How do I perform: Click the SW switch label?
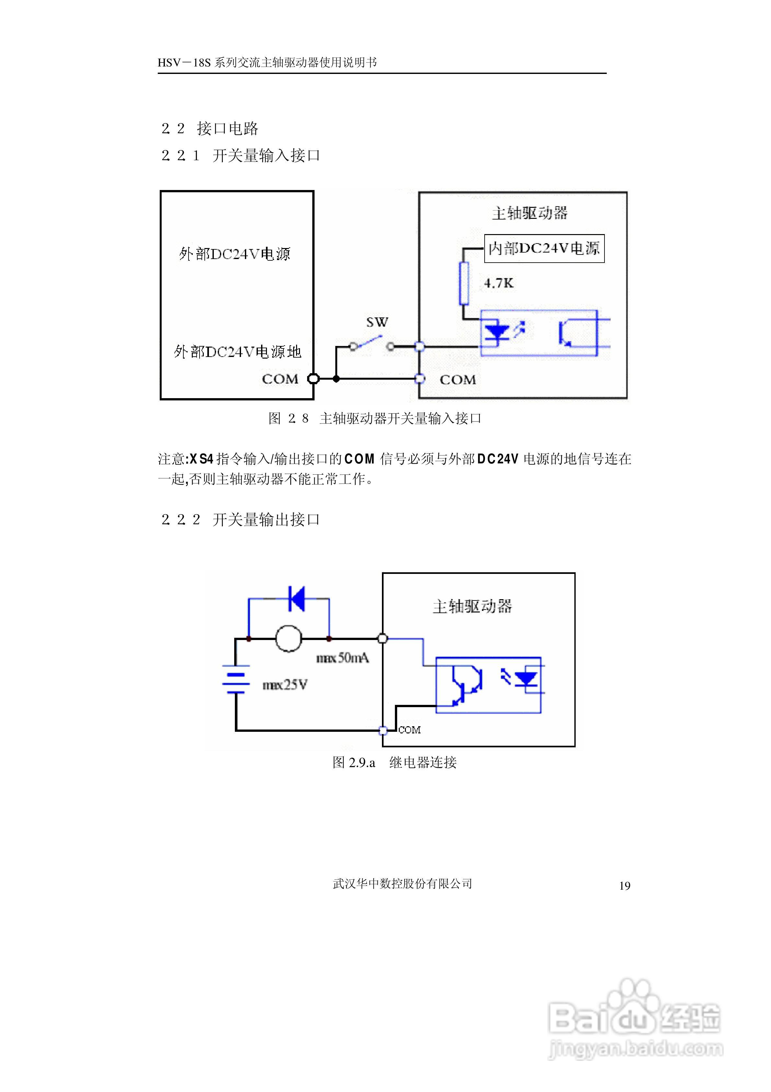click(377, 323)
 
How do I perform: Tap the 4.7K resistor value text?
click(499, 283)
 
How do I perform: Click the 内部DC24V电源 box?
click(544, 248)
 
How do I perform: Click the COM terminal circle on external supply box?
click(313, 379)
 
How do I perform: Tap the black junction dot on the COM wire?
click(336, 379)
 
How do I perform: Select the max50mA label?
click(342, 658)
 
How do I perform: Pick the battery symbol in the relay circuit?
click(236, 679)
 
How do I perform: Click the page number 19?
click(625, 885)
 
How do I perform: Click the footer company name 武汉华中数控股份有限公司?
click(402, 884)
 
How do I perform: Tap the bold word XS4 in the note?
click(201, 459)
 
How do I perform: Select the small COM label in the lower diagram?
click(409, 730)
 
